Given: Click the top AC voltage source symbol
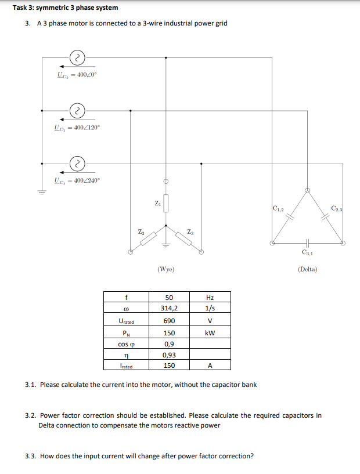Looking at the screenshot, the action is tap(77, 57).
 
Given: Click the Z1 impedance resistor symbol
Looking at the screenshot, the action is tap(166, 203).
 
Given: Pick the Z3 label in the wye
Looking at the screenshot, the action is tap(191, 232).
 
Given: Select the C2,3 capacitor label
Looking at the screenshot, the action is tap(338, 208).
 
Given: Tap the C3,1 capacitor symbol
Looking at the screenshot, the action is tap(307, 244).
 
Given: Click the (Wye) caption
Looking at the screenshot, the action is tap(166, 270).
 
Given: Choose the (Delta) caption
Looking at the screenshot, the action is tap(307, 270).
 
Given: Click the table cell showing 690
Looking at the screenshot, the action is tap(169, 321).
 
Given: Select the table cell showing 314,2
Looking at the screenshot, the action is tap(169, 309).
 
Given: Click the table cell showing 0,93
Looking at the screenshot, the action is tap(169, 355).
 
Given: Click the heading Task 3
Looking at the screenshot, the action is tap(66, 8).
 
